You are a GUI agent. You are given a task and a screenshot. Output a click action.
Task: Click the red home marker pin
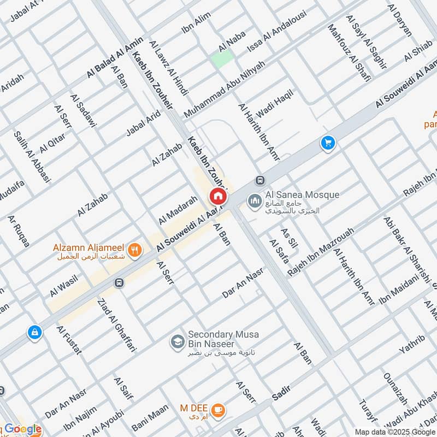217,196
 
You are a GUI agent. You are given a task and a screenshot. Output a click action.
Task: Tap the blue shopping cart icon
328,143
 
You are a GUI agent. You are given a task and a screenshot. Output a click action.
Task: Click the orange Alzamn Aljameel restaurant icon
135,250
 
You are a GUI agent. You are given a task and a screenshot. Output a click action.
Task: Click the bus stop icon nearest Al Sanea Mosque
261,180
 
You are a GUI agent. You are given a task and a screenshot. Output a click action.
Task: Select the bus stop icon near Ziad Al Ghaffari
119,282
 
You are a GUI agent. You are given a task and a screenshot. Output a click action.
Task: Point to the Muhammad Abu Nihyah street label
225,89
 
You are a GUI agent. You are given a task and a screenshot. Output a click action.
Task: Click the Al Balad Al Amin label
114,57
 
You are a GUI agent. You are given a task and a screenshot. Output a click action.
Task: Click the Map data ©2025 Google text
395,431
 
